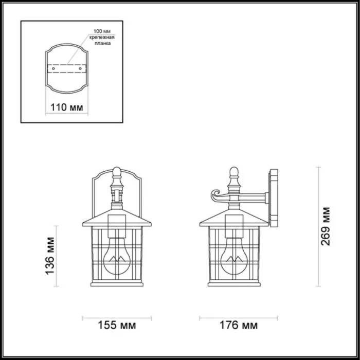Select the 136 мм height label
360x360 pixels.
tap(50, 256)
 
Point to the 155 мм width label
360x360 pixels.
tap(117, 326)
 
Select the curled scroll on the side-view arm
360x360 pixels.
tap(214, 195)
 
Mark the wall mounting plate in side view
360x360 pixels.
tap(273, 198)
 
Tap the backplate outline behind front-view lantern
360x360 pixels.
tap(95, 190)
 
